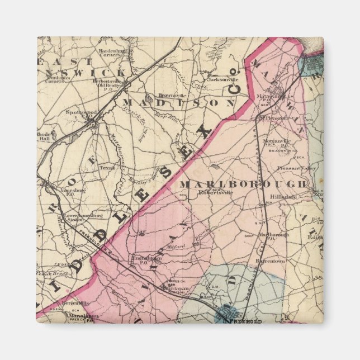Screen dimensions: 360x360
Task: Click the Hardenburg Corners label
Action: point(114,54)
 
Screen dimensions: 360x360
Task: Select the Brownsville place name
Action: point(171,95)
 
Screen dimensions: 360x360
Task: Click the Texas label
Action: point(106,167)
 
